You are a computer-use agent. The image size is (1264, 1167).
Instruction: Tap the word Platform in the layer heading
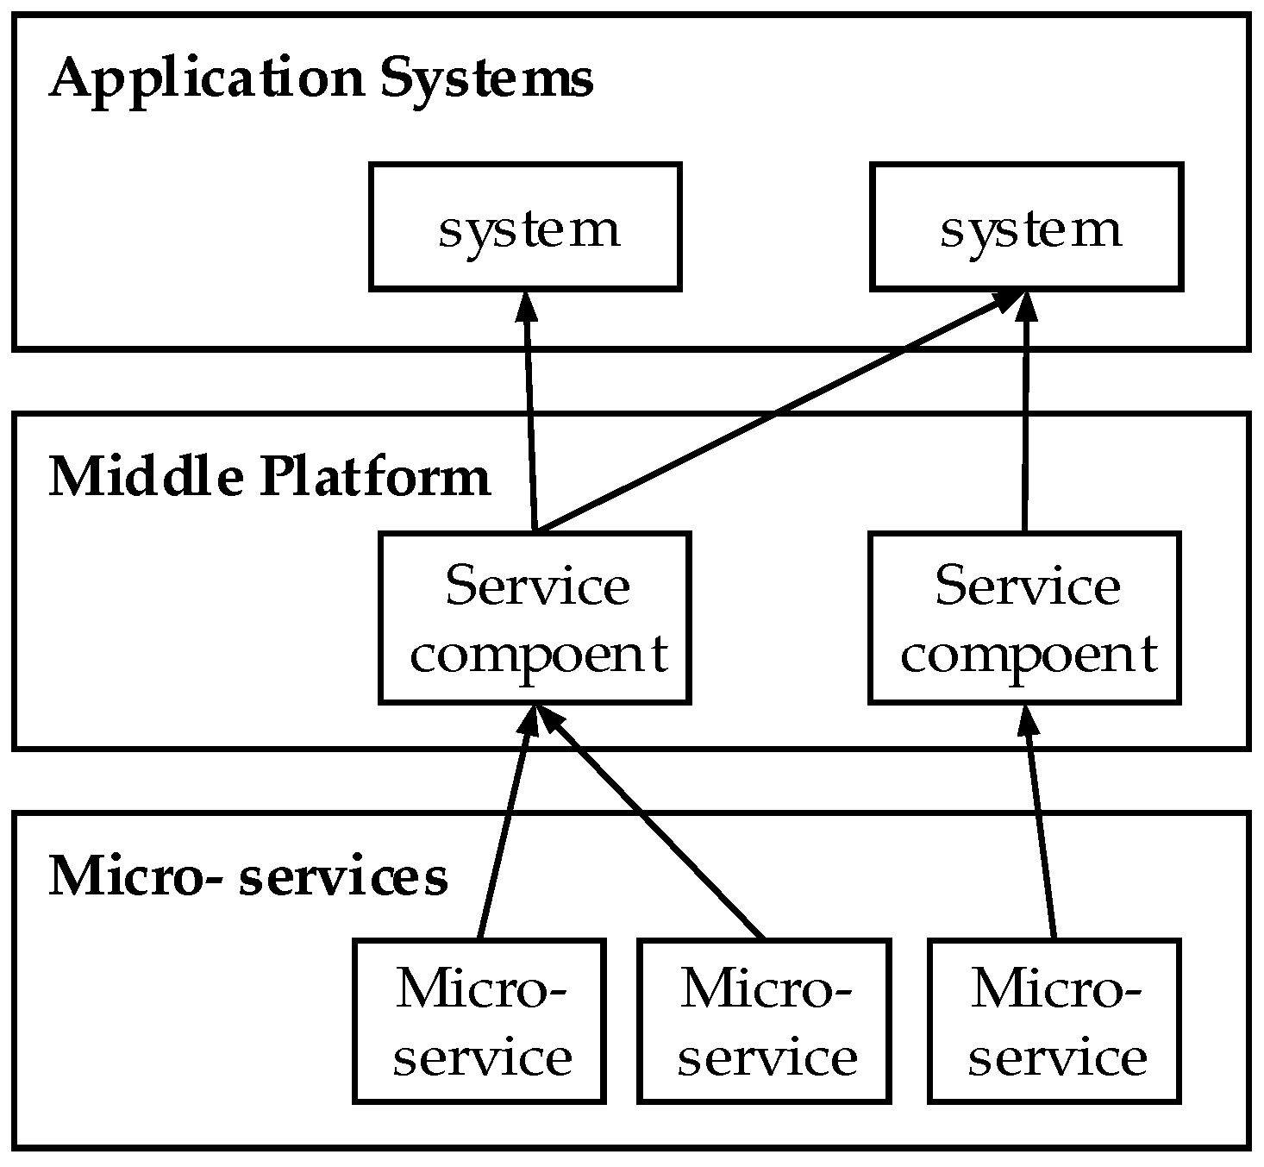coord(375,477)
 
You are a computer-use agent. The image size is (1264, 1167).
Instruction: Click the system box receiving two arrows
coord(1026,227)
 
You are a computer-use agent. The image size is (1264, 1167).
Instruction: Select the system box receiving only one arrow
coord(525,227)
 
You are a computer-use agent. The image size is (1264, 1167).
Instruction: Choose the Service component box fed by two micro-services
coord(535,618)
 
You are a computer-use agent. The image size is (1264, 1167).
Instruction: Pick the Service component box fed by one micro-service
coord(1024,618)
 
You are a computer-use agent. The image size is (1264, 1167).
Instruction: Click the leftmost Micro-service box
coord(479,1020)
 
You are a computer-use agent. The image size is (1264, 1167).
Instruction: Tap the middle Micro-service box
coord(765,1020)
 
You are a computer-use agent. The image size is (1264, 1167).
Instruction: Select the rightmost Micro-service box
coord(1054,1020)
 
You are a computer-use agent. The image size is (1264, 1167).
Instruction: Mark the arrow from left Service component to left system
coord(530,414)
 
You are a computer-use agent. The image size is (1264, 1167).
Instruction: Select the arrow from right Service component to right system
coord(1025,414)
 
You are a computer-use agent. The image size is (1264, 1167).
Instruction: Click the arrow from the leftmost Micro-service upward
coord(506,828)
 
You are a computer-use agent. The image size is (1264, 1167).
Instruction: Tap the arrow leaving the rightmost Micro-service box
coord(1040,828)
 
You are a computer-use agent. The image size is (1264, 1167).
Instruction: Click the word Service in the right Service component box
coord(1027,587)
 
